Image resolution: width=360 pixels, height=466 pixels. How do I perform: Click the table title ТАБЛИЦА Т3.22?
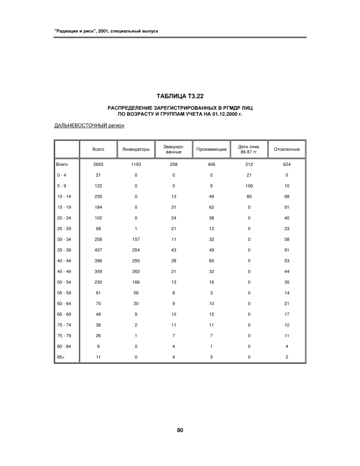click(179, 95)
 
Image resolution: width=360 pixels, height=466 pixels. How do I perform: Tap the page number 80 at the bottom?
click(179, 430)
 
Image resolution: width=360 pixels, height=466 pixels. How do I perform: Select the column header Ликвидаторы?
click(136, 149)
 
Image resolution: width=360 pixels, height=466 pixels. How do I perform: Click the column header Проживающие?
click(211, 149)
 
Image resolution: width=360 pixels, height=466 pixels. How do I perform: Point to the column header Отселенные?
click(287, 149)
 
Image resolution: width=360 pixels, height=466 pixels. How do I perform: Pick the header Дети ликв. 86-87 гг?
click(249, 149)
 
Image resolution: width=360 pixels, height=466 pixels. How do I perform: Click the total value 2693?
click(98, 164)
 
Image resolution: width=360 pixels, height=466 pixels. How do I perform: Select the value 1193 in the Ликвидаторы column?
click(136, 164)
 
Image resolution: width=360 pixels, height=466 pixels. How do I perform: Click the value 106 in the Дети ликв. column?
click(249, 186)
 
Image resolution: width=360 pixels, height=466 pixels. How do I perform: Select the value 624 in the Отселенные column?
click(287, 164)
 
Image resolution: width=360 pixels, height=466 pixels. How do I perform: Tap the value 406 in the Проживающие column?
click(211, 164)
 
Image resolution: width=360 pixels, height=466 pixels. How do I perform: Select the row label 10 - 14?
click(63, 197)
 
